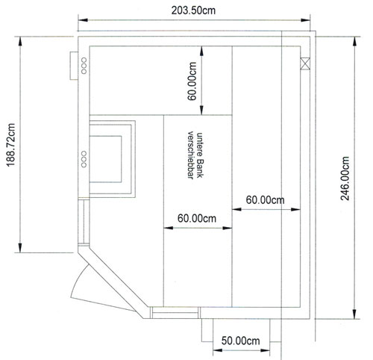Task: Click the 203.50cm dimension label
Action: [x=193, y=10]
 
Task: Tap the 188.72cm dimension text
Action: [x=11, y=145]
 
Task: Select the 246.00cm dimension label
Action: [x=345, y=179]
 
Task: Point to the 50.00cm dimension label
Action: [x=240, y=341]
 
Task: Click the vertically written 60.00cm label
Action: [x=192, y=81]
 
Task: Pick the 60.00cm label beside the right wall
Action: [x=265, y=200]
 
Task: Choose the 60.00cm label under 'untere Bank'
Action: [x=197, y=218]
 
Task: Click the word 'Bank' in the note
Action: [x=200, y=168]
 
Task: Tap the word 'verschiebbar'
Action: [x=190, y=155]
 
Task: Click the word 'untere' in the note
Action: [x=200, y=144]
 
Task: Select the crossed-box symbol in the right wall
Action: [x=305, y=63]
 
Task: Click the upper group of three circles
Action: [x=84, y=66]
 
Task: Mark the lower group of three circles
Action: [x=84, y=159]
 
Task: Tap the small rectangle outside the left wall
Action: [x=74, y=66]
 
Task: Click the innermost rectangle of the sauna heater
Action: [x=105, y=159]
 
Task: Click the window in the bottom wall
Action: [x=175, y=313]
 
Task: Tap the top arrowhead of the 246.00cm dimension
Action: [x=355, y=42]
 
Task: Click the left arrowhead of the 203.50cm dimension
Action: [x=83, y=20]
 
